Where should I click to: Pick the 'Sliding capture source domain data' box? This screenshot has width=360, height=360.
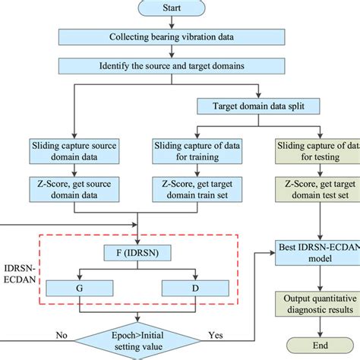(x=74, y=149)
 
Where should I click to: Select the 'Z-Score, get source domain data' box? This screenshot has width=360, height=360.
(x=74, y=189)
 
